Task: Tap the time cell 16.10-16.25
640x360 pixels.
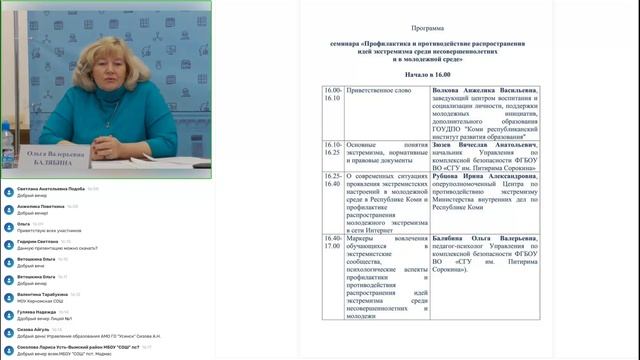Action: (x=333, y=148)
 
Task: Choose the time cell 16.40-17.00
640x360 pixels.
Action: (x=333, y=243)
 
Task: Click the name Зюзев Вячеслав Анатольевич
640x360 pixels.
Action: (x=484, y=144)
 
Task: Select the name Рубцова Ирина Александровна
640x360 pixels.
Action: (x=484, y=176)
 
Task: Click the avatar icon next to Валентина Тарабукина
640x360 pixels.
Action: (x=9, y=297)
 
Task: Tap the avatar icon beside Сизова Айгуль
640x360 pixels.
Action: (x=9, y=332)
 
